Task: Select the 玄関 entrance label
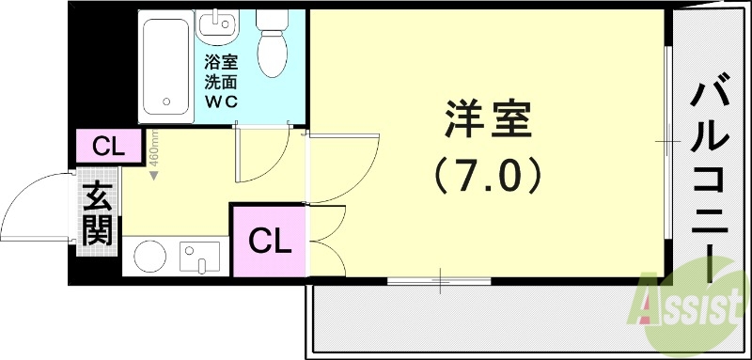click(97, 215)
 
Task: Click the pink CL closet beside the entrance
click(107, 147)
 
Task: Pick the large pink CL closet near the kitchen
click(269, 242)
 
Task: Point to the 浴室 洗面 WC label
click(222, 82)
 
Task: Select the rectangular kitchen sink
click(200, 256)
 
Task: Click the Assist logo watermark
click(691, 301)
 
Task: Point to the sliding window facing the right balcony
click(667, 141)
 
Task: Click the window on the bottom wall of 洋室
click(438, 279)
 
